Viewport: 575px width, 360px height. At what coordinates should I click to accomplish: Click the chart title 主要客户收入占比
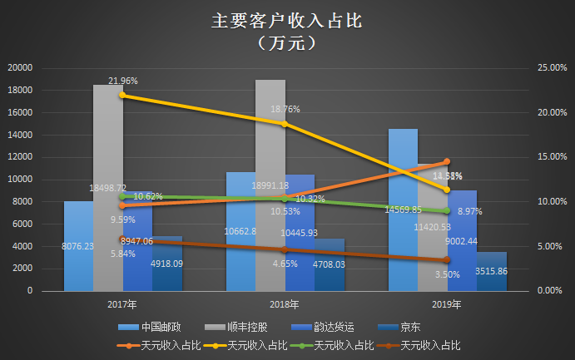coord(286,21)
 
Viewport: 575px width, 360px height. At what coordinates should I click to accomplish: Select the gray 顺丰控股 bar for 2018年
coord(270,150)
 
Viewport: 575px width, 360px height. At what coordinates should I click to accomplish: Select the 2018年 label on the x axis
coord(285,305)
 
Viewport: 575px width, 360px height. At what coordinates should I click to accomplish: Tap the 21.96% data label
coord(122,81)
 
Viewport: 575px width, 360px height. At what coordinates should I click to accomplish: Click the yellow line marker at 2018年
coord(285,124)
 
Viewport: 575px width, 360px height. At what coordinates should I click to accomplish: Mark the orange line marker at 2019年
coord(447,162)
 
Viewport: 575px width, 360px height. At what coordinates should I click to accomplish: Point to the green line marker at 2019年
coord(447,210)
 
